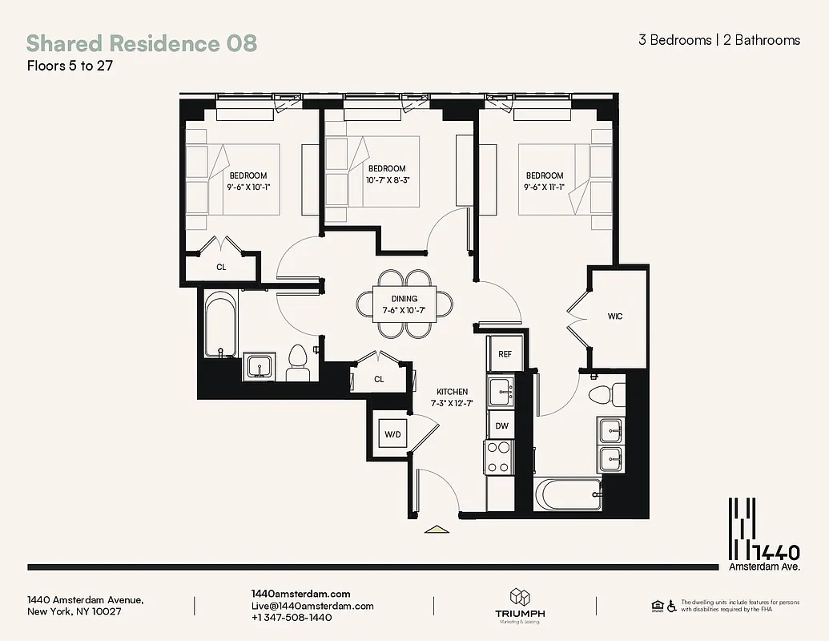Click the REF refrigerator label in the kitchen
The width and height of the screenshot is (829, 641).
(505, 353)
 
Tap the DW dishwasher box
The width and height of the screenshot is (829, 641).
(501, 425)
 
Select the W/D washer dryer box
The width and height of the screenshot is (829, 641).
(392, 434)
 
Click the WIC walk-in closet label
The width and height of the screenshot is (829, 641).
(615, 316)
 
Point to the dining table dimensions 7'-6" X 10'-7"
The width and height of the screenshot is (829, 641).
(404, 310)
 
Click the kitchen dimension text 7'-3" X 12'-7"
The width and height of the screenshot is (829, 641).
(453, 403)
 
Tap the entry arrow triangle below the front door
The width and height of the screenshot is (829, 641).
(436, 529)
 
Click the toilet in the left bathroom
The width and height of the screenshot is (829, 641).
(298, 362)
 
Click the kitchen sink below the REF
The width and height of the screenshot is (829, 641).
(502, 390)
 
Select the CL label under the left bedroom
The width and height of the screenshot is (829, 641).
(221, 267)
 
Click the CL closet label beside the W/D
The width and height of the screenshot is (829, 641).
(379, 379)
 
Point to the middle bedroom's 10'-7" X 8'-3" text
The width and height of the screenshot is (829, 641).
(387, 180)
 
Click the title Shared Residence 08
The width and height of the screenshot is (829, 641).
(142, 42)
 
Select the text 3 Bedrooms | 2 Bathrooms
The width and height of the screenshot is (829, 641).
(718, 40)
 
